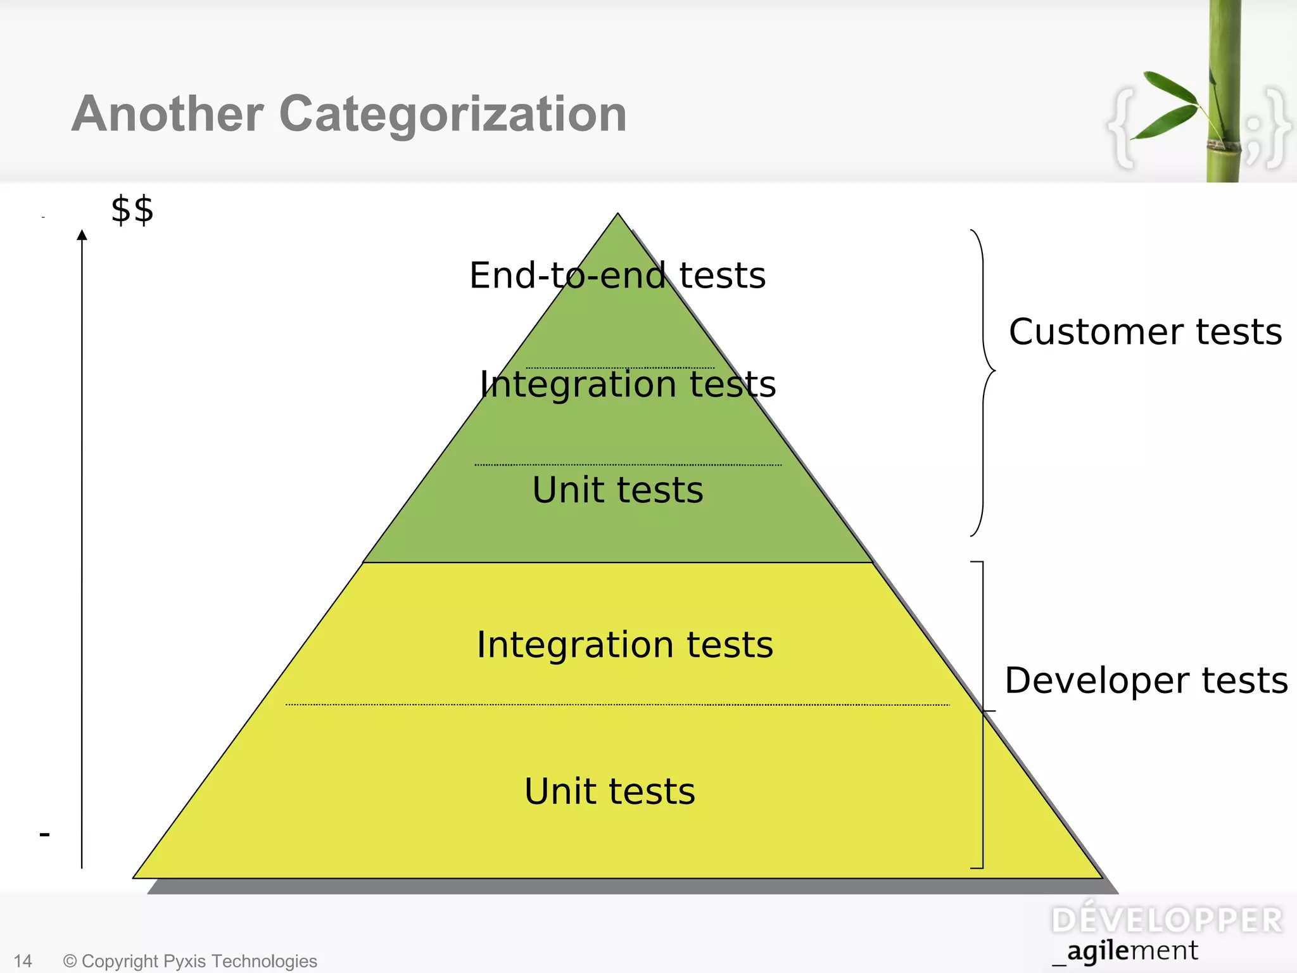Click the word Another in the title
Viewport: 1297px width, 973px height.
[x=167, y=114]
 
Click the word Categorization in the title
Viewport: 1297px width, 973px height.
[x=453, y=115]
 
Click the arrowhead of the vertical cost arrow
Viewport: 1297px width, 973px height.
[x=82, y=235]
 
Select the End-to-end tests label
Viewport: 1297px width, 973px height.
[x=617, y=276]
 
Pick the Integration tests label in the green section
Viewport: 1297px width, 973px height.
[x=628, y=385]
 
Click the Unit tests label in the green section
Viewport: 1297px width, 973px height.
[x=617, y=490]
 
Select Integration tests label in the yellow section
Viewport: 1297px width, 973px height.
[x=625, y=645]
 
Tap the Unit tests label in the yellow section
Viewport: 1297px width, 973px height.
[x=609, y=791]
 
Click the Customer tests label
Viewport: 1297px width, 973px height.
[x=1145, y=332]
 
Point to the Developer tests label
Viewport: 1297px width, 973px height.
[x=1146, y=680]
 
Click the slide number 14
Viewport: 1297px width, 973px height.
[x=23, y=961]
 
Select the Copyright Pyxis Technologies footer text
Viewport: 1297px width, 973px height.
[x=190, y=961]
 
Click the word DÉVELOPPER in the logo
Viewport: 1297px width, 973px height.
[x=1167, y=920]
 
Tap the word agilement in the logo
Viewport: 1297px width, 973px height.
[x=1132, y=951]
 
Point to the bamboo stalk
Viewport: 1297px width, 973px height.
[x=1225, y=95]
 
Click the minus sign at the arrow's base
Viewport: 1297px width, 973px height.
[x=44, y=834]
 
